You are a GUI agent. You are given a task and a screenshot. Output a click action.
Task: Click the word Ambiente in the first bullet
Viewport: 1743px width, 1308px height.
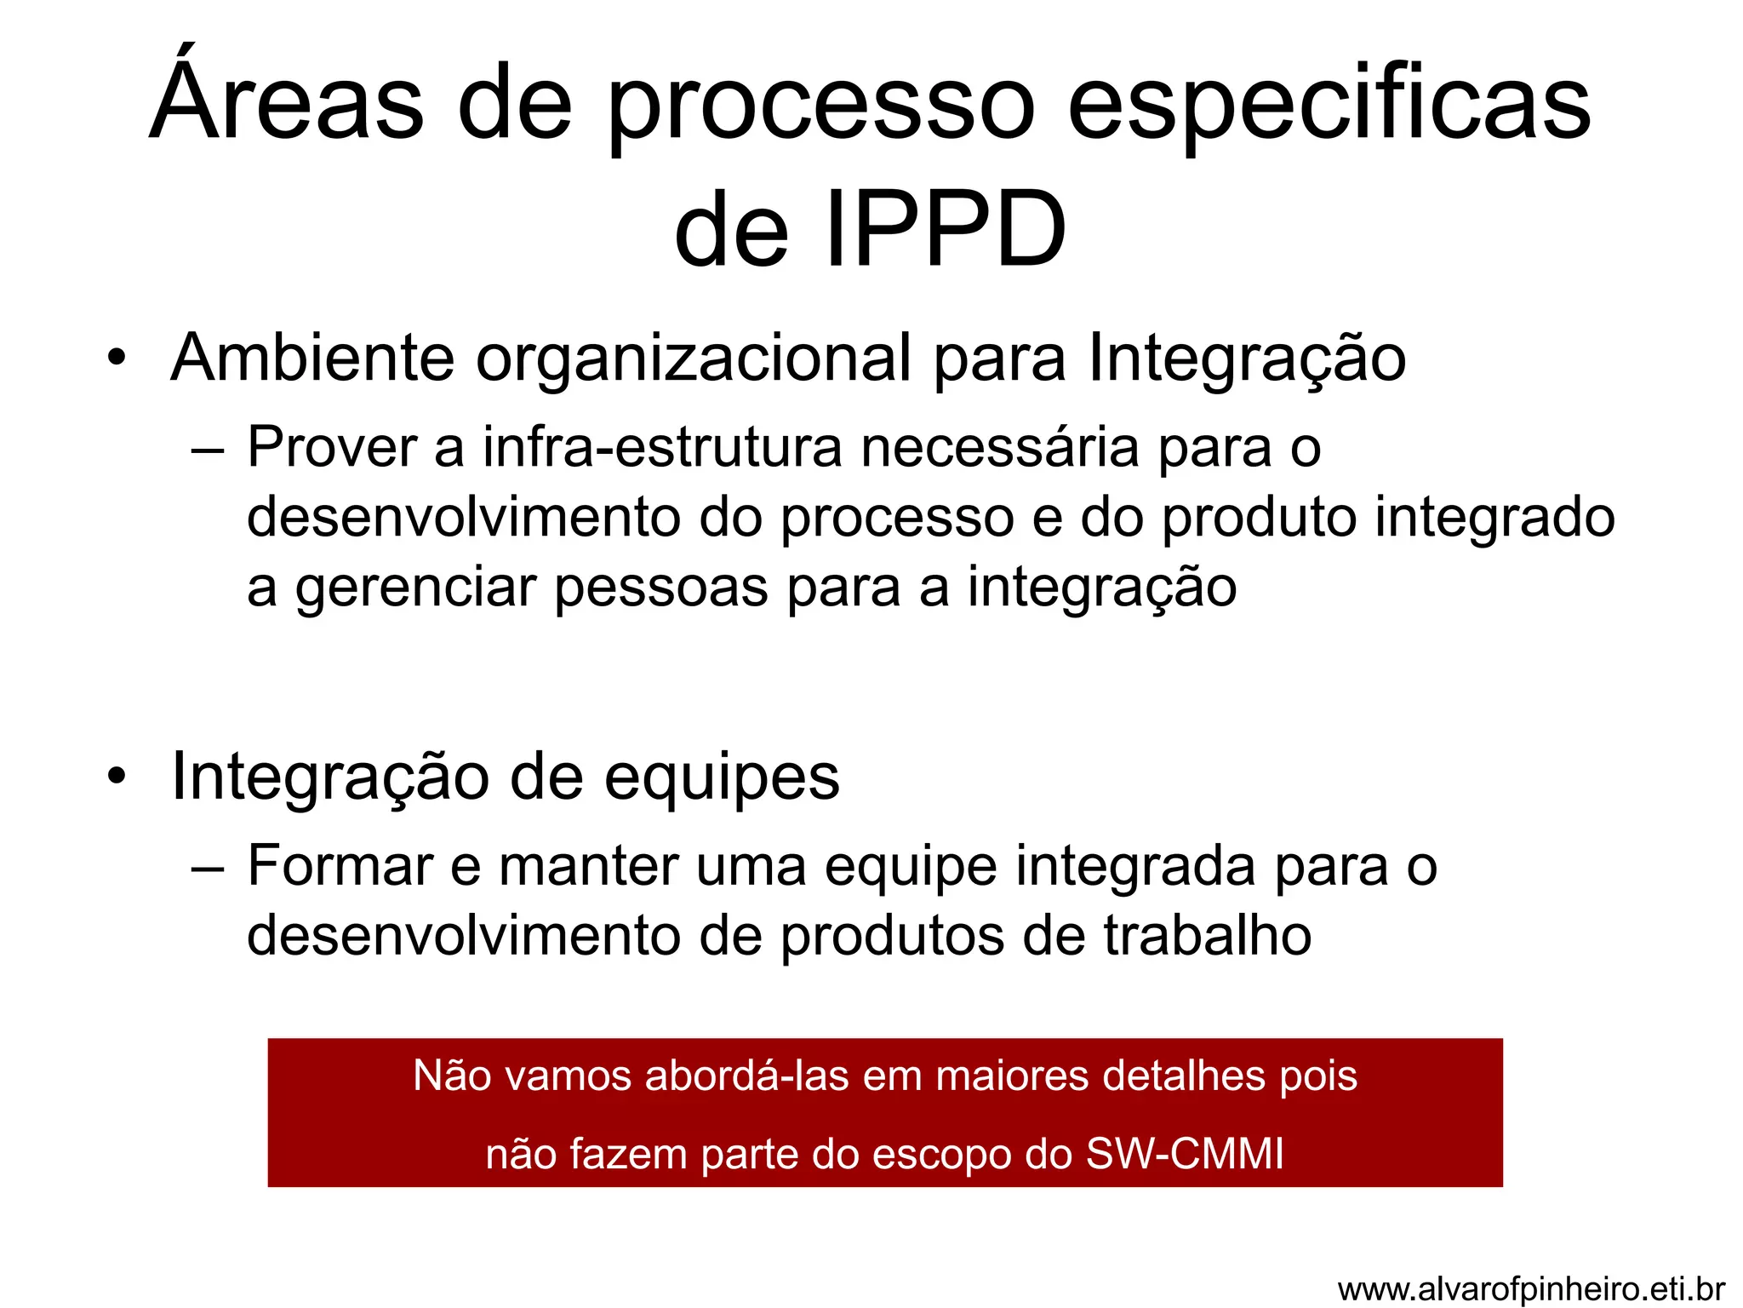[312, 359]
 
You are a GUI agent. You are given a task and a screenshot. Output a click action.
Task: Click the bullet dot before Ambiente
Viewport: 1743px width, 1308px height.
[117, 357]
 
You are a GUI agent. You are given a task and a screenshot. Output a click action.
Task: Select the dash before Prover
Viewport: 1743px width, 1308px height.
[208, 448]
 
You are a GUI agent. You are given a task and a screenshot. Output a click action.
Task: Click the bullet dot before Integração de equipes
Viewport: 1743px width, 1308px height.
[117, 776]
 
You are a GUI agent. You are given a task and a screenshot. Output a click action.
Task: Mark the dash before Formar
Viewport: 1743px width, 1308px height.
[208, 868]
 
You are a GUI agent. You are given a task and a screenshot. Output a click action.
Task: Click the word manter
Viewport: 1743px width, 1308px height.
[588, 866]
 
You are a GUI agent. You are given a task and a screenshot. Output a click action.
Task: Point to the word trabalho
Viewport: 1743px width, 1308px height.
[1208, 936]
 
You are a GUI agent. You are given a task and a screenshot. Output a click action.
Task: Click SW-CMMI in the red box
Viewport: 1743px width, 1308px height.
[1185, 1155]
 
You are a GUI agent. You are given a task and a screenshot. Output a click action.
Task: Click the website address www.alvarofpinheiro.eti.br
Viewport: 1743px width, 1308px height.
[1531, 1289]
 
